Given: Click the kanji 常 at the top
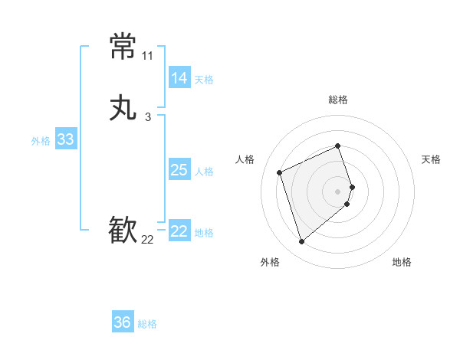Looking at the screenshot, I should [x=123, y=47].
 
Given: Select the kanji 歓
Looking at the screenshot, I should [x=123, y=231].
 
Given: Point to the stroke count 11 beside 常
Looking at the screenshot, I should [x=147, y=56].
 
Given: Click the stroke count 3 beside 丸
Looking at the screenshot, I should [x=147, y=117].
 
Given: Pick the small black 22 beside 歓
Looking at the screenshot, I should [x=147, y=240].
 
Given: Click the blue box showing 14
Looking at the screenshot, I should [x=179, y=78].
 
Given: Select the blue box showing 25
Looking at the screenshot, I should [x=179, y=170].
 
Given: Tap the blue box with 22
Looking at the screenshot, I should [x=179, y=231].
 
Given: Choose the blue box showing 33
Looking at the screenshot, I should [x=65, y=139].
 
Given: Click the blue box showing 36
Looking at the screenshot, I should [x=122, y=322].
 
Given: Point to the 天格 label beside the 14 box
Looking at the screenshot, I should [x=204, y=80].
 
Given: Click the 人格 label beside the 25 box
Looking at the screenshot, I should [x=204, y=172].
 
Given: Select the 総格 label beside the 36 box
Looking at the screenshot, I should [x=147, y=324].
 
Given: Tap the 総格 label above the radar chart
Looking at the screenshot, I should [x=337, y=100].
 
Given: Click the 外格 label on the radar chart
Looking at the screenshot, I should [x=270, y=263].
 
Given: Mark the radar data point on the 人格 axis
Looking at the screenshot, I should [x=281, y=172].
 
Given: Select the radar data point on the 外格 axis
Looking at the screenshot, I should [x=302, y=242].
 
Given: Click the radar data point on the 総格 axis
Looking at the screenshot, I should [x=337, y=146].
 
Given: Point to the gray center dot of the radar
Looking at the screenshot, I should [x=337, y=191].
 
